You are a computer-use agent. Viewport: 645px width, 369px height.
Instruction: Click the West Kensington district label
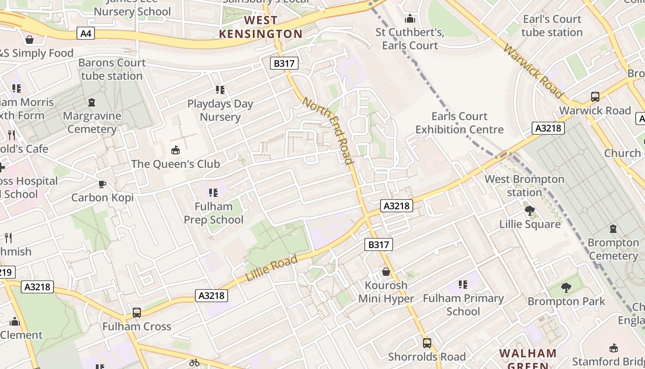coord(261,27)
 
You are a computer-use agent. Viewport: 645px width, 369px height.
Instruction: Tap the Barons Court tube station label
coord(111,69)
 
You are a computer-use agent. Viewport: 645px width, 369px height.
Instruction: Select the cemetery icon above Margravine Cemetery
coord(92,102)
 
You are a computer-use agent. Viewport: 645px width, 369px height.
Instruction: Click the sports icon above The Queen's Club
coord(176,150)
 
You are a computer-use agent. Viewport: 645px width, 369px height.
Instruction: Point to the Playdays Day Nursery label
coord(220,110)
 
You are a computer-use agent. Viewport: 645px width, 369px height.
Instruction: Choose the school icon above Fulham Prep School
coord(213,192)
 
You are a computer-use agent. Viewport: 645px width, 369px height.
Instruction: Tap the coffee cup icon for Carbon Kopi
coord(102,184)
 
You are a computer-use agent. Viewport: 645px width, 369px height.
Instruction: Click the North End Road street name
coord(328,130)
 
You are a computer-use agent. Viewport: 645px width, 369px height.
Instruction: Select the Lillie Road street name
coord(272,269)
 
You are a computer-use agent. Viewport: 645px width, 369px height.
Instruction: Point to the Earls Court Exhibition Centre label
coord(459,123)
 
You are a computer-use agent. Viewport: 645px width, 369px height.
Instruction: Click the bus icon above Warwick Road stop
coord(595,97)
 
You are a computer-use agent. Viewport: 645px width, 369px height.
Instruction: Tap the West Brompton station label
coord(524,185)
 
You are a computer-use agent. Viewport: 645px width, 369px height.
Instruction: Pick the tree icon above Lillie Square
coord(530,211)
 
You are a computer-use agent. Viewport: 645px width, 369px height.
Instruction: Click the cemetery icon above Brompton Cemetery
coord(613,228)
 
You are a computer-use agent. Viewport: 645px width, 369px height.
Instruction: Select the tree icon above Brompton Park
coord(566,288)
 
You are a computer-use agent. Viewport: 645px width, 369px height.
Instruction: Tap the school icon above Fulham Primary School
coord(463,285)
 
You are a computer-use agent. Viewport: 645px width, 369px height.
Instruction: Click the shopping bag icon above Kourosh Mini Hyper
coord(386,272)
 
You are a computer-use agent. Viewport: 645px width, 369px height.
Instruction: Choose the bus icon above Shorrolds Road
coord(427,343)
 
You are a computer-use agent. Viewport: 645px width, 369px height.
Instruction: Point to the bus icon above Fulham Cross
coord(137,313)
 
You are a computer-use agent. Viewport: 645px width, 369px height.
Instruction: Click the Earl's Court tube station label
coord(552,26)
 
